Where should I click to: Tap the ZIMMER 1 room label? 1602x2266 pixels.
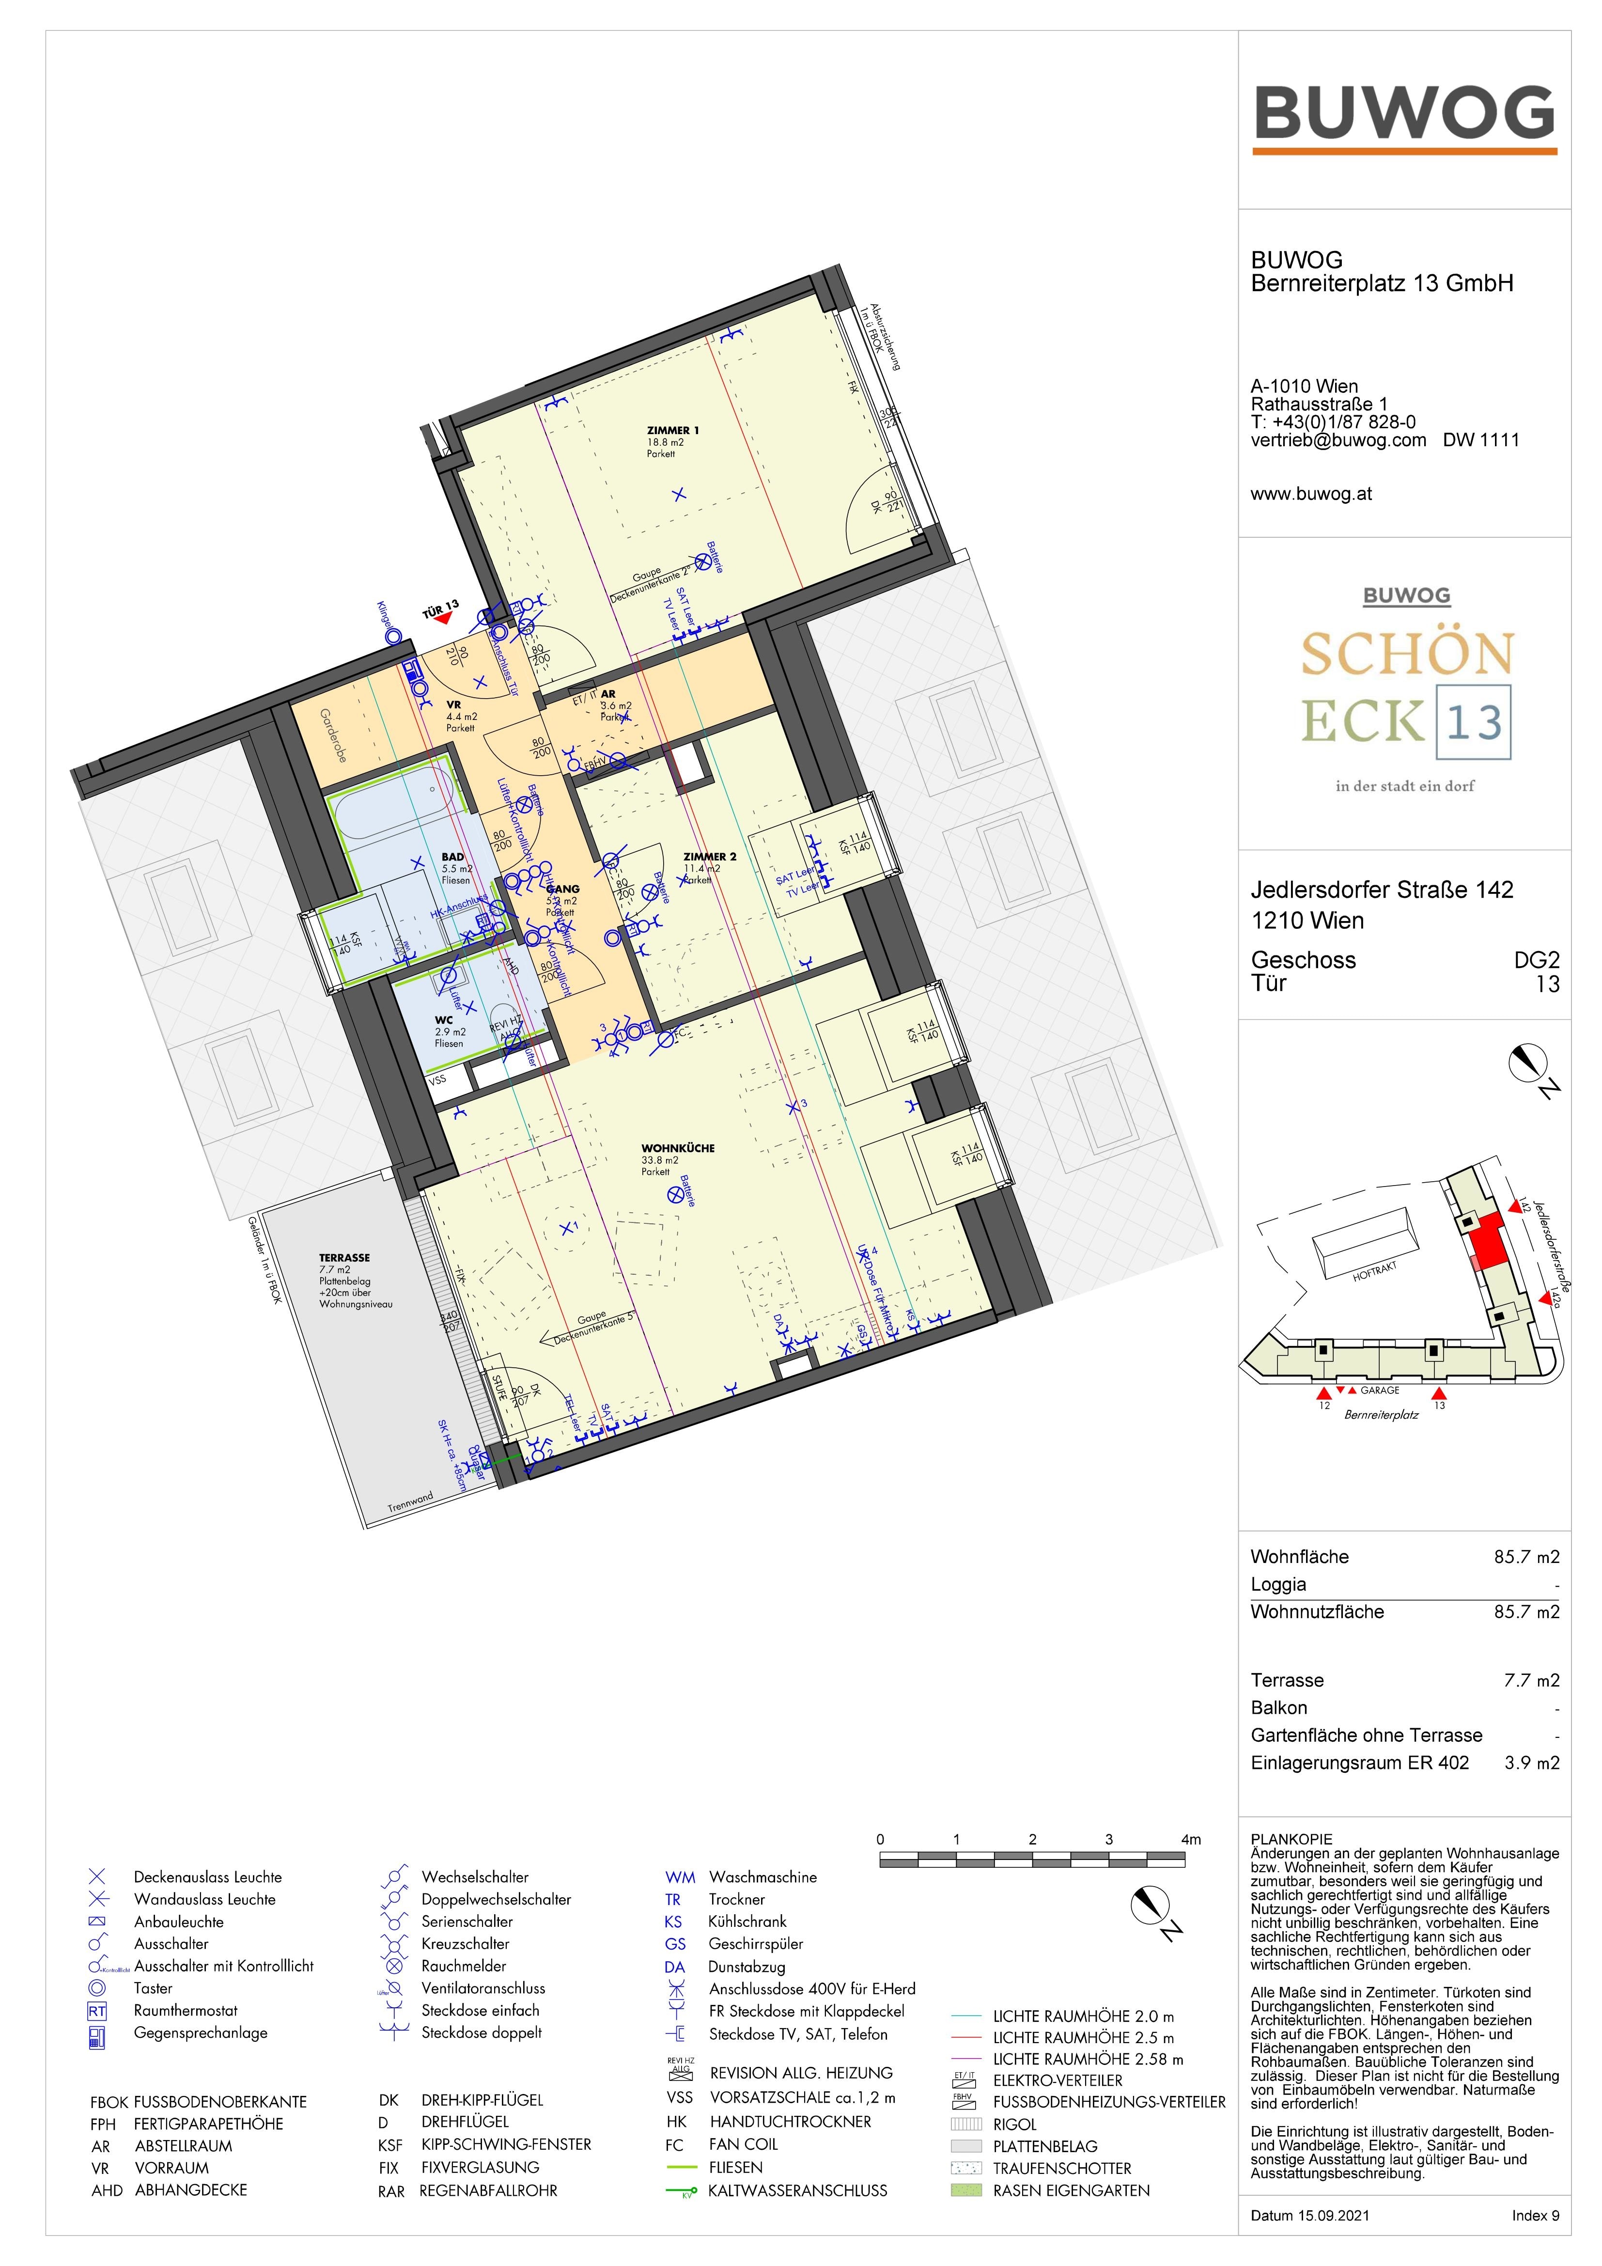672,430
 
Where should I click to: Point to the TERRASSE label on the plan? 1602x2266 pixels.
344,1257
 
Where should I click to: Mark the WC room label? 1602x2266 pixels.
444,1019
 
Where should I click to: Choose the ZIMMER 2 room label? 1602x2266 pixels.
710,857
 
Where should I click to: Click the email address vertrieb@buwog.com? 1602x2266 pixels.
1338,440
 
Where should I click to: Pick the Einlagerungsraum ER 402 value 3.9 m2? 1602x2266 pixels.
1531,1763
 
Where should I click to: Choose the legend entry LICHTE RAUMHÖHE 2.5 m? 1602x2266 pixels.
1083,2037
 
